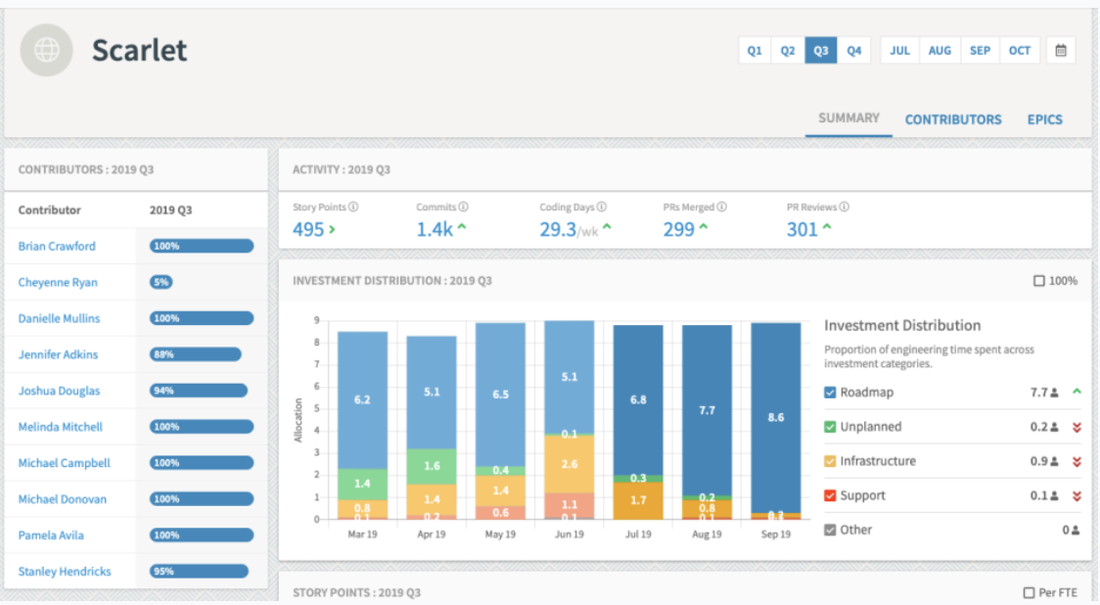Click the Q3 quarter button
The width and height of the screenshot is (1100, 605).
(x=821, y=51)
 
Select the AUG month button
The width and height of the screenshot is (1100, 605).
(x=940, y=51)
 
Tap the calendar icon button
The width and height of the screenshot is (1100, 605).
(x=1061, y=51)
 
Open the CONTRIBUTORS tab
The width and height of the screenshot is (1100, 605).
(x=952, y=119)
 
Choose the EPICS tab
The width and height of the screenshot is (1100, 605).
(x=1044, y=119)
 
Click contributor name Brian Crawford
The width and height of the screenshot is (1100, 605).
(x=57, y=247)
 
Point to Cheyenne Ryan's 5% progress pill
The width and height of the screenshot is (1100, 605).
(x=161, y=282)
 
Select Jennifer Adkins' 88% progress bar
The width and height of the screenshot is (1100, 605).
(x=195, y=354)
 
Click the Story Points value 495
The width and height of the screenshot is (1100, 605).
(x=308, y=230)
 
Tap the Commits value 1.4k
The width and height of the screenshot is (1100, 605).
(x=434, y=230)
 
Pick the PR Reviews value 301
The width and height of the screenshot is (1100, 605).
(x=802, y=230)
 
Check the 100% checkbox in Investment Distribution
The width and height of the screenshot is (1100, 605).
(x=1038, y=281)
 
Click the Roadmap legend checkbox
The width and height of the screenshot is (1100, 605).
(x=830, y=393)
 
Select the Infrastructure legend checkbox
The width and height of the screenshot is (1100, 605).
(x=830, y=461)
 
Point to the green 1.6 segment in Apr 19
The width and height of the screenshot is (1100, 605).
(x=432, y=466)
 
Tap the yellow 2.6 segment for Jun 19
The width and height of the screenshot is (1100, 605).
(x=570, y=463)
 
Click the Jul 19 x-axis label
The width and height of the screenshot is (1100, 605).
(x=638, y=535)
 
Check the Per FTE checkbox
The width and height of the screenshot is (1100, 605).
(x=1029, y=593)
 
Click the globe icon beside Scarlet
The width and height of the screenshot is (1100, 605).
(x=46, y=50)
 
